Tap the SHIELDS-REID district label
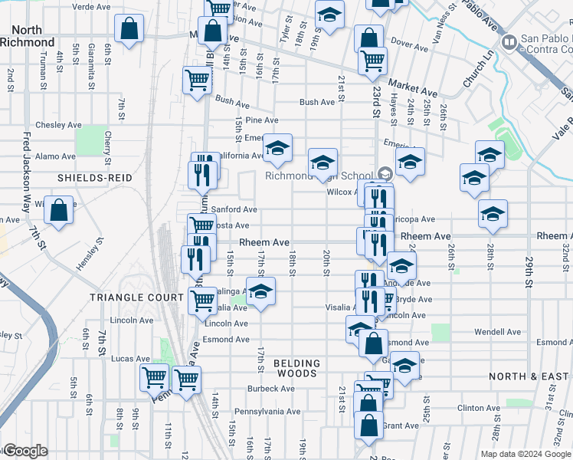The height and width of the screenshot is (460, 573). pyautogui.click(x=95, y=177)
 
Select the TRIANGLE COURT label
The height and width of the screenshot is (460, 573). pyautogui.click(x=126, y=297)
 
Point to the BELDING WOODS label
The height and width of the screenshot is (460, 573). pyautogui.click(x=296, y=368)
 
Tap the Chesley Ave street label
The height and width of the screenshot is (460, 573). pyautogui.click(x=58, y=125)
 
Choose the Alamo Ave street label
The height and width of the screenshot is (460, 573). pyautogui.click(x=56, y=156)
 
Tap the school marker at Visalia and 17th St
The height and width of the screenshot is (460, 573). pyautogui.click(x=260, y=292)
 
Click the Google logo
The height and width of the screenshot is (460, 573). pyautogui.click(x=25, y=451)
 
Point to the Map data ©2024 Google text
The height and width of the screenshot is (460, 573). pyautogui.click(x=525, y=454)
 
